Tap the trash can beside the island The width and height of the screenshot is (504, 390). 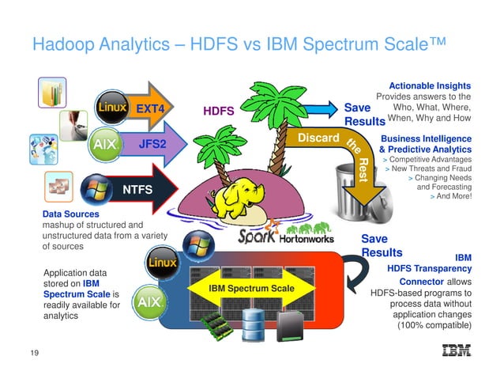[355, 183]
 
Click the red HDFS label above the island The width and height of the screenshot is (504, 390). [219, 112]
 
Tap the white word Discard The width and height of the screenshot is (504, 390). [312, 139]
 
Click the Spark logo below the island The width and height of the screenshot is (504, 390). [260, 237]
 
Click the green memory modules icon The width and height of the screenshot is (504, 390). [215, 324]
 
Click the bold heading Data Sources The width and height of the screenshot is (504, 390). [71, 214]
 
